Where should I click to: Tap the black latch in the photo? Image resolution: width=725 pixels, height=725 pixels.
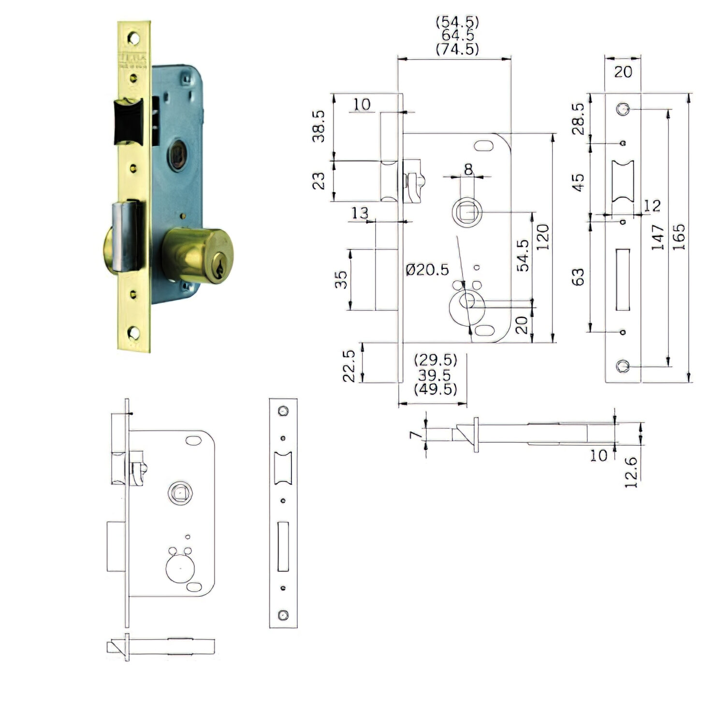pyautogui.click(x=128, y=122)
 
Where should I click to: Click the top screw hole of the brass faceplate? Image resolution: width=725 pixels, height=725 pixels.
pyautogui.click(x=132, y=37)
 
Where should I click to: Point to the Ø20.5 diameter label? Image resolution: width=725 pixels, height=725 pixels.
pyautogui.click(x=427, y=269)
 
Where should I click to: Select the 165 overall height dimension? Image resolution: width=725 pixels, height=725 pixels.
pyautogui.click(x=679, y=236)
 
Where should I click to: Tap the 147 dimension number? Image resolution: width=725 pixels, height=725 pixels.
pyautogui.click(x=658, y=236)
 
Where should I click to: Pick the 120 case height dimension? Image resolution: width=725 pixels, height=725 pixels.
pyautogui.click(x=543, y=236)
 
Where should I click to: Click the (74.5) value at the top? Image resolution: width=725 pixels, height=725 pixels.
pyautogui.click(x=457, y=49)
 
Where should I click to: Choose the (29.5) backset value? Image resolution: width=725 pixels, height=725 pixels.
pyautogui.click(x=435, y=360)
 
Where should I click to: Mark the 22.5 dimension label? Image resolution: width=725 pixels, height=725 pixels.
pyautogui.click(x=349, y=366)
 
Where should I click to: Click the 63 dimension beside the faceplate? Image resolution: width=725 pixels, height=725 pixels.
pyautogui.click(x=578, y=277)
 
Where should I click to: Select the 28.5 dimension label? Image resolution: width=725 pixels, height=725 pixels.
pyautogui.click(x=578, y=118)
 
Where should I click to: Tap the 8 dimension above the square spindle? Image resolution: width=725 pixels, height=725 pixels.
pyautogui.click(x=468, y=169)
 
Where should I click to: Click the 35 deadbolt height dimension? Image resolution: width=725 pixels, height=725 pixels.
pyautogui.click(x=341, y=279)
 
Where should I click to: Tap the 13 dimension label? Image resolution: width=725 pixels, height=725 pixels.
pyautogui.click(x=359, y=213)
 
